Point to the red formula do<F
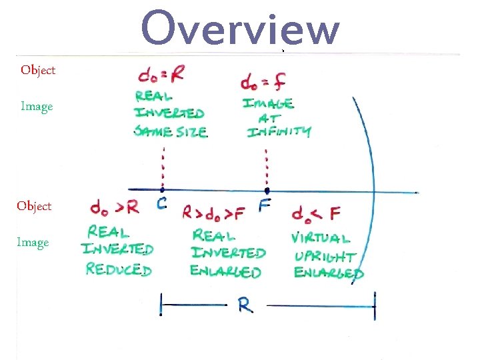(x=316, y=214)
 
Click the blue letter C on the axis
(x=161, y=205)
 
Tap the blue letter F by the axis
(x=265, y=205)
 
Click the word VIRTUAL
(x=321, y=237)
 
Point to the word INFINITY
(x=279, y=132)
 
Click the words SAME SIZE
(x=171, y=131)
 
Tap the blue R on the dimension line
(x=245, y=306)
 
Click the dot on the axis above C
(x=162, y=189)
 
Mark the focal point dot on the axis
(x=267, y=190)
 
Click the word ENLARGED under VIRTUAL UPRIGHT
(x=328, y=273)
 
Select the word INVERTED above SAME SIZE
(x=169, y=113)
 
